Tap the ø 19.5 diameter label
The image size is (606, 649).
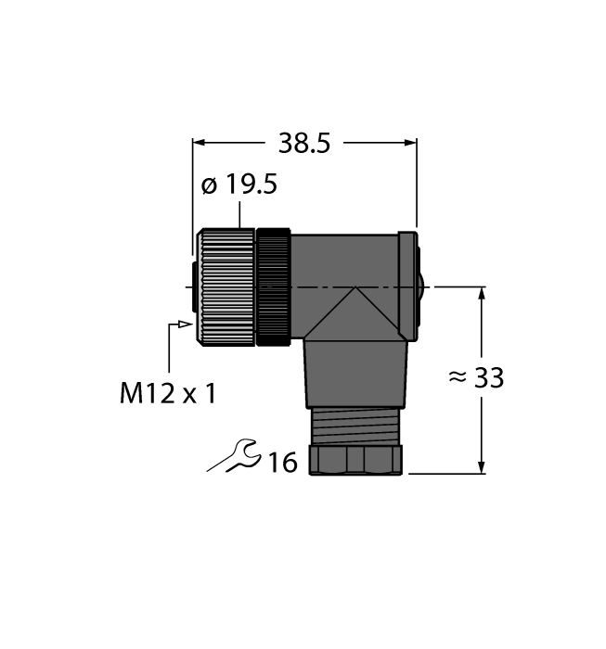coord(239,185)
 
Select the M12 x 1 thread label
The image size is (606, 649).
coord(168,393)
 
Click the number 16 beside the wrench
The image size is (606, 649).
coord(282,462)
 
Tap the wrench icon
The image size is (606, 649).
coord(234,456)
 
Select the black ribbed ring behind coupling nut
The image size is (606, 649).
coord(274,288)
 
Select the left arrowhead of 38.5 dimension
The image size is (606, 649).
coord(199,143)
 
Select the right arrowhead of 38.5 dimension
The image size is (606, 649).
coord(410,143)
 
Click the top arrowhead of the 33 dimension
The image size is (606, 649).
coord(482,295)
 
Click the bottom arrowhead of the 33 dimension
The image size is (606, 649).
coord(482,466)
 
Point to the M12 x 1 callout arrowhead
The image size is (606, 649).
coord(188,324)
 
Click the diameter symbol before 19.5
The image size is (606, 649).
coord(210,185)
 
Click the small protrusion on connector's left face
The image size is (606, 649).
coord(192,287)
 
